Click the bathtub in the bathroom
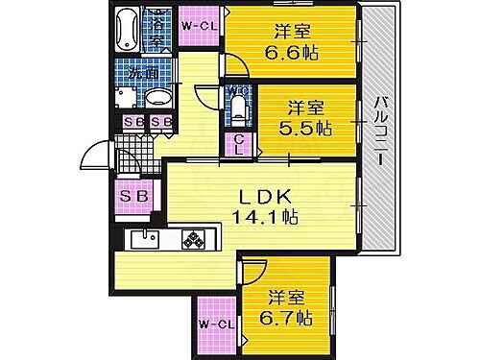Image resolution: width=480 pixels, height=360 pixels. click(127, 30)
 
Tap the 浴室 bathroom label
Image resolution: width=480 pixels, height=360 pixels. click(157, 28)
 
